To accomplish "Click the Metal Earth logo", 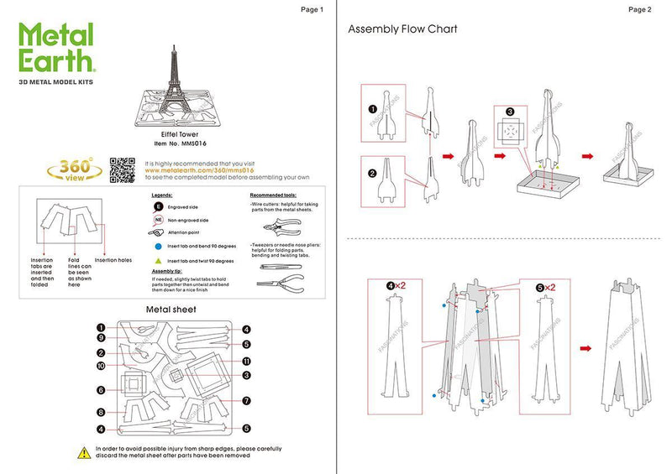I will pos(57,50).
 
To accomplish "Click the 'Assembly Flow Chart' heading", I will pos(402,29).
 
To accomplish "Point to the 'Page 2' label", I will pos(639,9).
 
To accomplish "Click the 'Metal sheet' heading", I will pos(171,310).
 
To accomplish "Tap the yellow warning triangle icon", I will pos(84,453).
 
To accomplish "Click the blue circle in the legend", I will pos(158,247).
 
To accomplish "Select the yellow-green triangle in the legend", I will pos(158,262).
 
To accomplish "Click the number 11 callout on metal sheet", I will pos(246,362).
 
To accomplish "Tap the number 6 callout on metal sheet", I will pos(100,390).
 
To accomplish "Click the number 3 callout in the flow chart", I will pos(510,112).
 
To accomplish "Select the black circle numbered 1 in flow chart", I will pos(372,109).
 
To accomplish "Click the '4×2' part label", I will pos(395,287).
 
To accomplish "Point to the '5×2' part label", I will pos(545,287).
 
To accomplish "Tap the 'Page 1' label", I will pos(311,9).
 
